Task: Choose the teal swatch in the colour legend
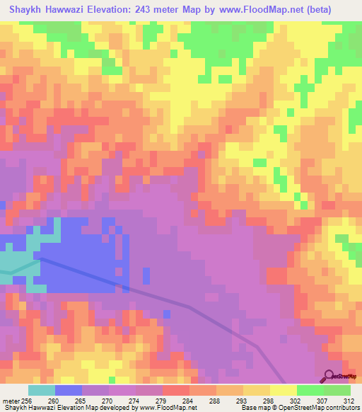42,391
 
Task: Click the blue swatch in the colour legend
69,391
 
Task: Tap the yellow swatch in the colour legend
283,391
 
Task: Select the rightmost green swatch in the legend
337,391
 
